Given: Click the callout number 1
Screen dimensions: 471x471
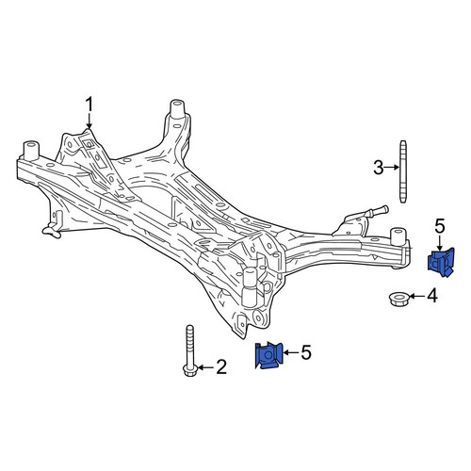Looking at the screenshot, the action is click(x=89, y=105).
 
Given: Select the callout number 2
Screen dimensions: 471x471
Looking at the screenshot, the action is click(x=221, y=367).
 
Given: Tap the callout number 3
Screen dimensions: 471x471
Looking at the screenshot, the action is click(x=379, y=168).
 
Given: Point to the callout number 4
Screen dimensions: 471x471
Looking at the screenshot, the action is click(x=432, y=296).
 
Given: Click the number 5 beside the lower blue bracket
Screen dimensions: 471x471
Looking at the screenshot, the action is click(x=306, y=352).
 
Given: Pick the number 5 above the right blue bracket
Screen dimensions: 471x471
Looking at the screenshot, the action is click(x=440, y=226).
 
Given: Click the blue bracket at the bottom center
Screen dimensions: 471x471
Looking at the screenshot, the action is click(x=269, y=355).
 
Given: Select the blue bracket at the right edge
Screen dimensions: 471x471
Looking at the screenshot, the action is click(x=441, y=263).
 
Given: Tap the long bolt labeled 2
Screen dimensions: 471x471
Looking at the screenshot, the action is click(x=189, y=350).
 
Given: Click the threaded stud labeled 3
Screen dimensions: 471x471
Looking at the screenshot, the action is click(x=403, y=171).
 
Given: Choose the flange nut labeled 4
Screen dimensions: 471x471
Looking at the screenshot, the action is click(x=398, y=299).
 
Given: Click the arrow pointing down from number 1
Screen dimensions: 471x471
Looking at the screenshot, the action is click(x=89, y=122).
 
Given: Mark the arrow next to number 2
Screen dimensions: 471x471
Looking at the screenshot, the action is click(x=206, y=367).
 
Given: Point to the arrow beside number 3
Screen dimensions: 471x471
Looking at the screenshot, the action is click(x=392, y=168).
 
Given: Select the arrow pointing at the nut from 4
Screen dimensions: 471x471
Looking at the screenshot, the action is click(x=417, y=296).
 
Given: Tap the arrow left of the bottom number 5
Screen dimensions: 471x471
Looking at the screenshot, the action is click(x=291, y=352).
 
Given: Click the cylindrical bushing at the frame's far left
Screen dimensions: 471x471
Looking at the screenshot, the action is click(x=31, y=151).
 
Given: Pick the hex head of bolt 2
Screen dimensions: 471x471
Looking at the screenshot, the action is click(x=189, y=370).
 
